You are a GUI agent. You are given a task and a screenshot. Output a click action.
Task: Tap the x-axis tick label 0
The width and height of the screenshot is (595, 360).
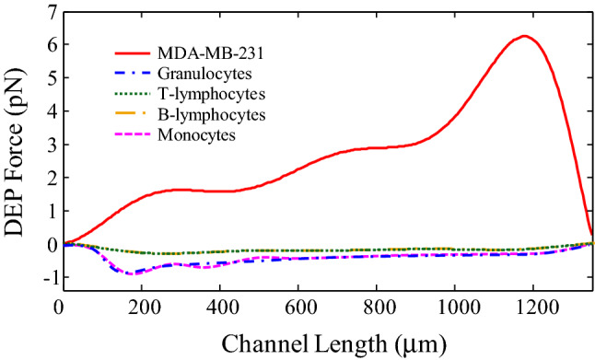click(59, 308)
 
